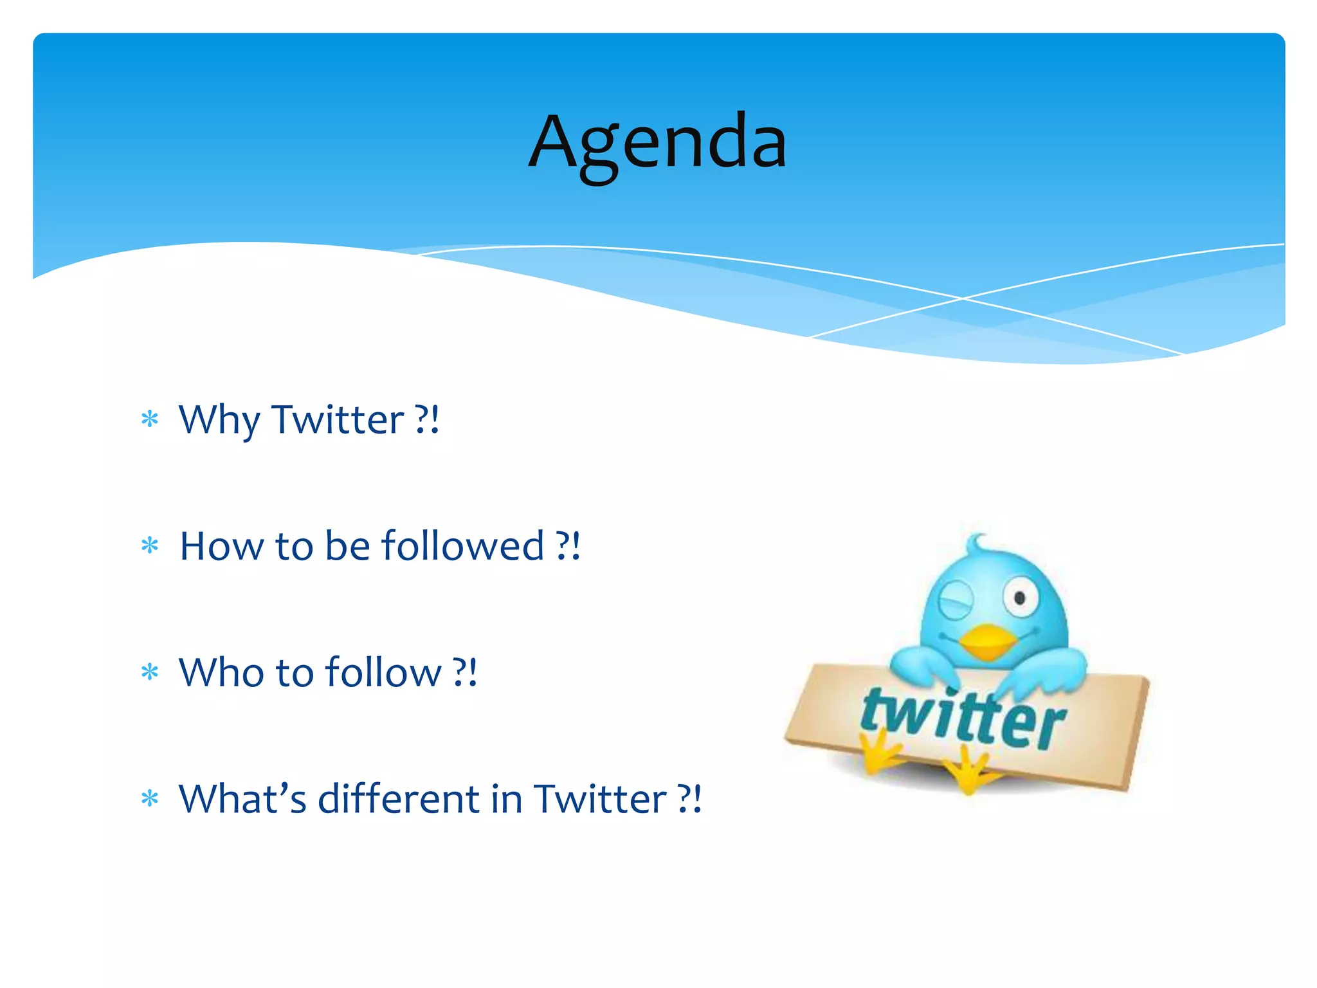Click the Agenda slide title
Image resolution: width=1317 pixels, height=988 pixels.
pos(657,143)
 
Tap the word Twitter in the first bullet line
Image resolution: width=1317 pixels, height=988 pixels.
pos(338,420)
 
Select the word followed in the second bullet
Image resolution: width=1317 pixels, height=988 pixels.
pos(462,546)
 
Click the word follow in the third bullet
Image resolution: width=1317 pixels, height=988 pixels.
pos(383,673)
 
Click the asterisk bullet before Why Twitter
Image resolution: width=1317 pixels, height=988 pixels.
pos(150,420)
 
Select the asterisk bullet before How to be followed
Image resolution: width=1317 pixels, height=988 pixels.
pos(150,546)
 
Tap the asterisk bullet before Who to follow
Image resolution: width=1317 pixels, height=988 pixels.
pos(150,673)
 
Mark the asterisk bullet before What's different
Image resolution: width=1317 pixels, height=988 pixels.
pos(150,799)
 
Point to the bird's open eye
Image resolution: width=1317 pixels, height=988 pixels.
pos(1019,598)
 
